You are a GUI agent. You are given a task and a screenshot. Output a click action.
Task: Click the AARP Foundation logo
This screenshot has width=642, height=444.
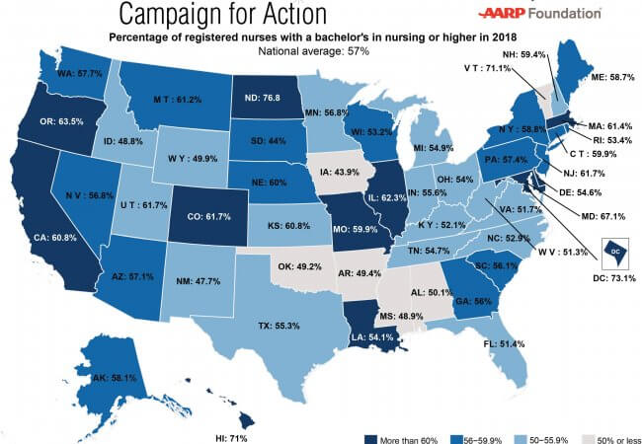tap(539, 13)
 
